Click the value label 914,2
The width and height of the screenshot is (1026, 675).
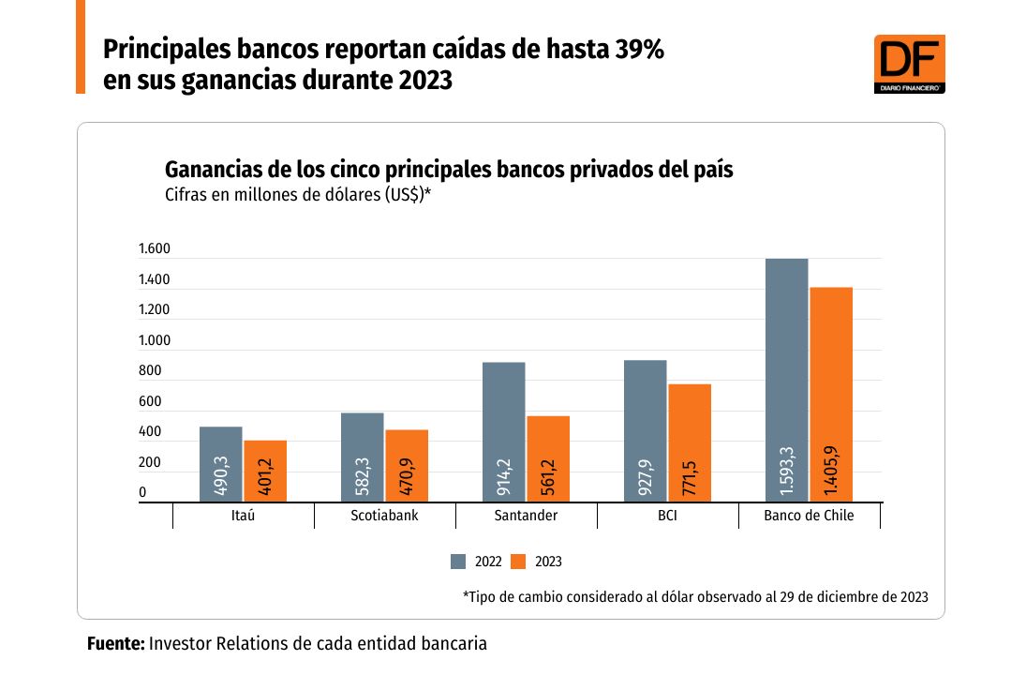tap(504, 475)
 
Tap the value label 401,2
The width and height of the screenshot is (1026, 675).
tap(266, 476)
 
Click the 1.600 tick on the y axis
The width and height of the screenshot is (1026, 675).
tap(154, 249)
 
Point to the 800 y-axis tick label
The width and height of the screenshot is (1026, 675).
tap(150, 371)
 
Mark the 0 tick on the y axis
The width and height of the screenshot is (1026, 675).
tap(142, 493)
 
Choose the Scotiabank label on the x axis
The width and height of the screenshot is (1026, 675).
tap(384, 516)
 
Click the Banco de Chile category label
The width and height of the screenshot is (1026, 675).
tap(809, 516)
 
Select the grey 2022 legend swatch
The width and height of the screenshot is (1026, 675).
tap(458, 562)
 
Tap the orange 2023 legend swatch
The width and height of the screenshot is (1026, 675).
tap(518, 562)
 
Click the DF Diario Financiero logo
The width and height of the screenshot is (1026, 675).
tap(909, 64)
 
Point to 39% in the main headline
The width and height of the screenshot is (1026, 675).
tap(640, 50)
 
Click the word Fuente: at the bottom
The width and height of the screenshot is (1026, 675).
tap(115, 644)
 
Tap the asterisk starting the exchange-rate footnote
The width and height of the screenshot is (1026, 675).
tap(466, 596)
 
